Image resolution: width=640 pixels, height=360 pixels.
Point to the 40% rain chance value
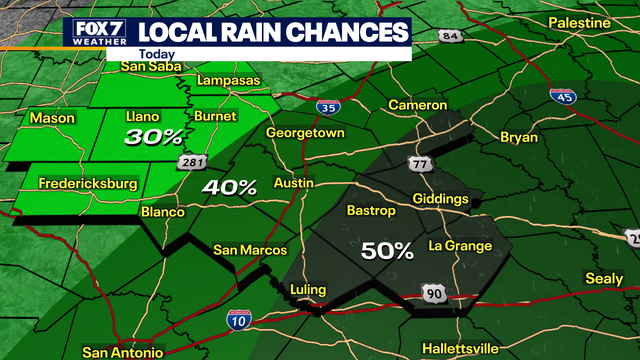[x=230, y=186]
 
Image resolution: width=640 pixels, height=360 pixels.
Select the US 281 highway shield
[x=192, y=161]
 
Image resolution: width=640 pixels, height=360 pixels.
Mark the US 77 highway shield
[x=418, y=163]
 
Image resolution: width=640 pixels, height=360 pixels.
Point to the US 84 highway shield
[x=452, y=37]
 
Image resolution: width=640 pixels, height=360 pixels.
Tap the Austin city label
[x=293, y=184]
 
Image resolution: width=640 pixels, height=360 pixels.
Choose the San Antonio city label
[x=123, y=352]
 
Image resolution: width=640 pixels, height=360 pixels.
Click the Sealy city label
[x=603, y=279]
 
